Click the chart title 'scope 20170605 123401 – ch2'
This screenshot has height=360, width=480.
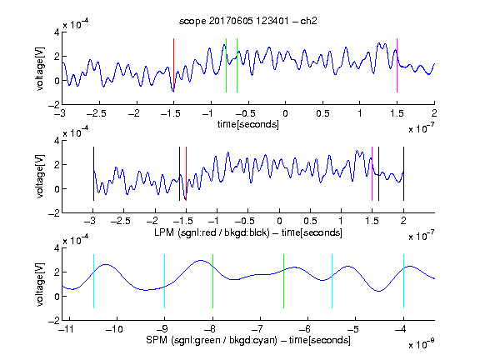click(248, 21)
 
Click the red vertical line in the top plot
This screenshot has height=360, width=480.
click(173, 65)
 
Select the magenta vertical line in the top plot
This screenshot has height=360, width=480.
click(397, 65)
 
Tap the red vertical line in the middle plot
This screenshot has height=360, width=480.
click(186, 174)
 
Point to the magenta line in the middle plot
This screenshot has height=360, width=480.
click(372, 174)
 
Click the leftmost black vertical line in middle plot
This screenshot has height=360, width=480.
click(93, 174)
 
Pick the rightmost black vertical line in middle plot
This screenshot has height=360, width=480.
click(403, 174)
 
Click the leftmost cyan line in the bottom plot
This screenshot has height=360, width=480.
click(93, 281)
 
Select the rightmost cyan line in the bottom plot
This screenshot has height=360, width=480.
click(403, 281)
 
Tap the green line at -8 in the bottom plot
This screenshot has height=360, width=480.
click(212, 281)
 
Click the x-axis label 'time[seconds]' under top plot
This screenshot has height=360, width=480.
click(248, 124)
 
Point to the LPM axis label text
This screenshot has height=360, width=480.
click(248, 232)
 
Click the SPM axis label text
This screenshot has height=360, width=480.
click(248, 340)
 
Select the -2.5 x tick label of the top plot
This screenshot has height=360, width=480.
click(97, 113)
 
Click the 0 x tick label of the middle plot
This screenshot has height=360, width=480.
click(279, 221)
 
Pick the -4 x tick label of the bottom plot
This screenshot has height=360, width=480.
click(400, 329)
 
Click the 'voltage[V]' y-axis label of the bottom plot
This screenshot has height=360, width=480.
click(40, 284)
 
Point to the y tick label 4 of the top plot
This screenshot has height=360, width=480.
click(57, 32)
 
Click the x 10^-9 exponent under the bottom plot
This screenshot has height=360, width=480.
click(422, 344)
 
